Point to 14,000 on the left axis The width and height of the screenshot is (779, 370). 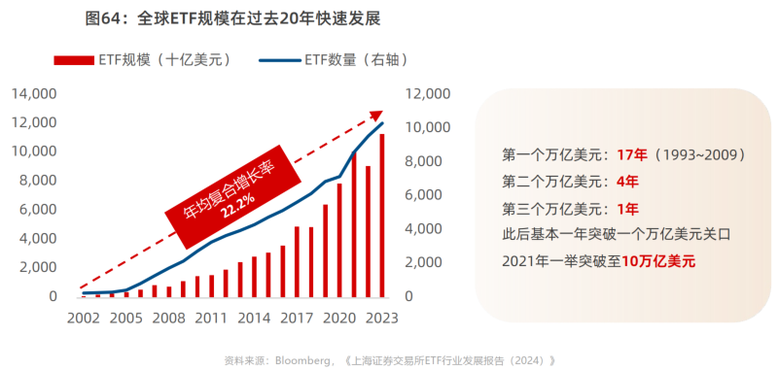(34, 94)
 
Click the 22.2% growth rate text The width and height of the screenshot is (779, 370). (237, 206)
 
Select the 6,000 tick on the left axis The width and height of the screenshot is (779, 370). (37, 210)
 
